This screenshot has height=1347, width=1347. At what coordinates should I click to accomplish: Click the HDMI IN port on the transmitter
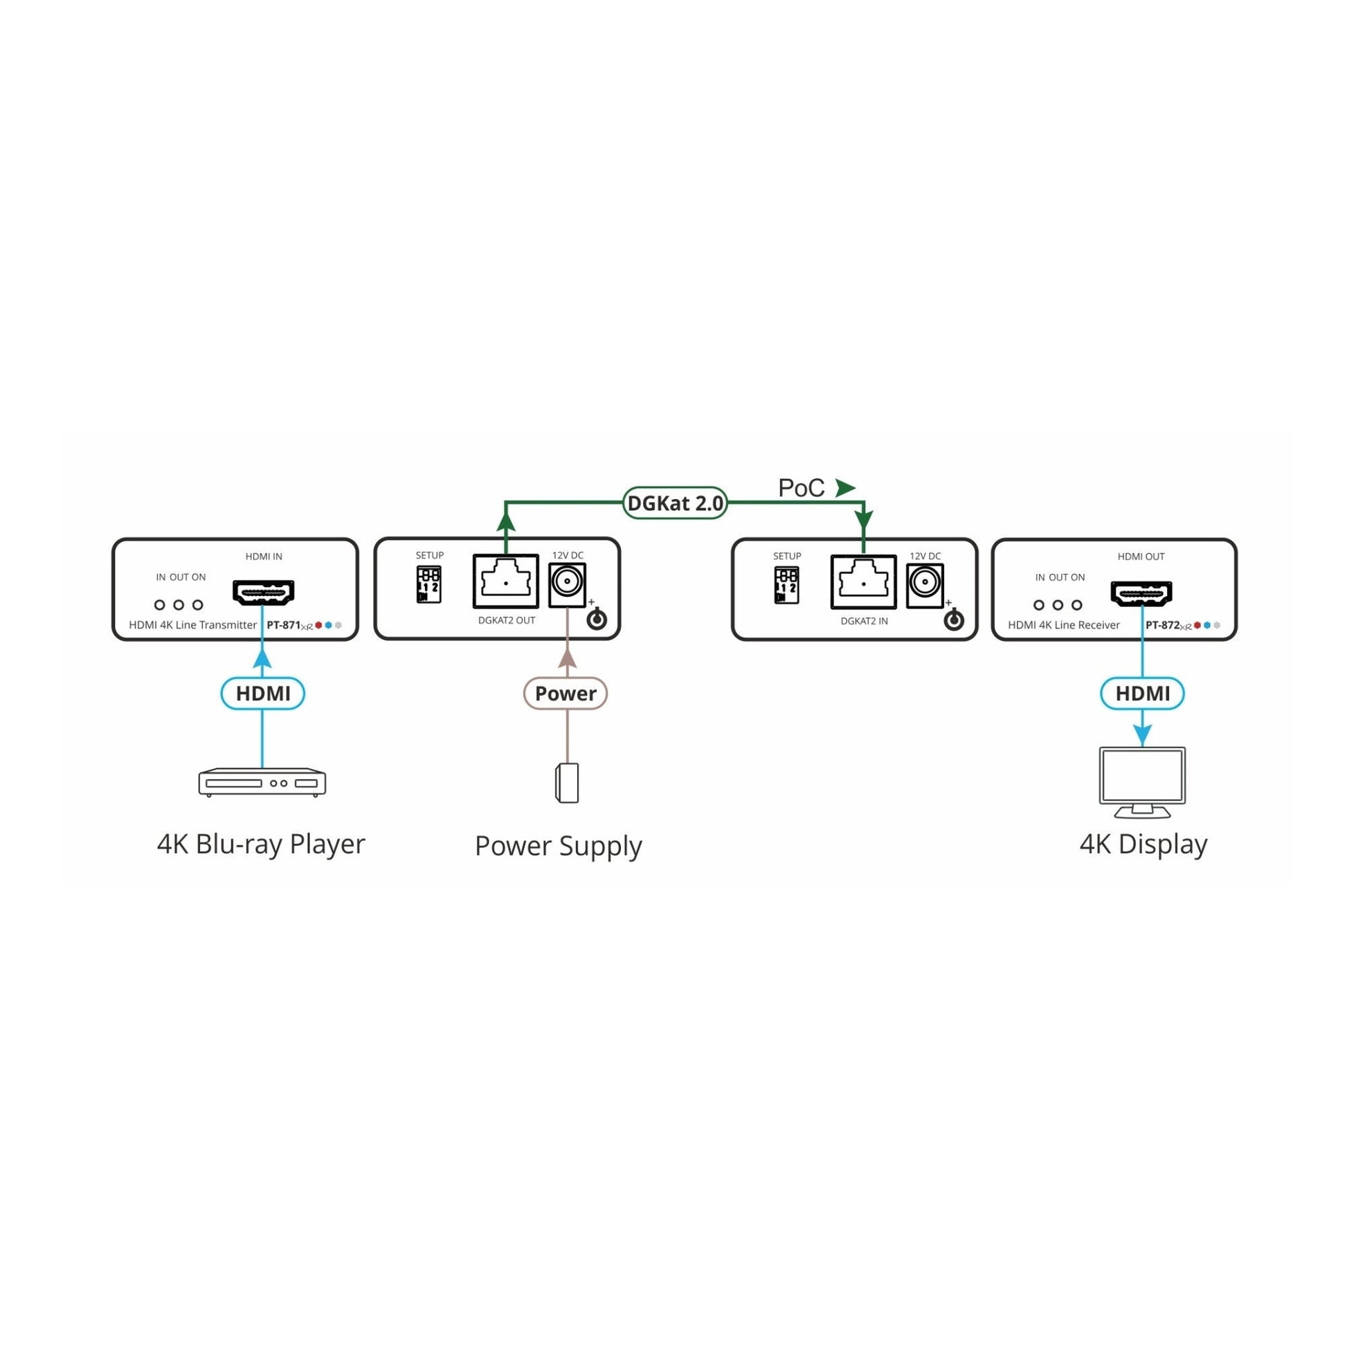263,593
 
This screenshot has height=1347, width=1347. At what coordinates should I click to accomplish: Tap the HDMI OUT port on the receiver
1141,593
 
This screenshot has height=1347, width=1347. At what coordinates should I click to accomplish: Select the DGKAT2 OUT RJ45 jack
505,581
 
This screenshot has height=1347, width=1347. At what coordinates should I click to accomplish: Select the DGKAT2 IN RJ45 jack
863,582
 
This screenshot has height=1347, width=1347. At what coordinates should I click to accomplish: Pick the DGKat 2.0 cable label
675,503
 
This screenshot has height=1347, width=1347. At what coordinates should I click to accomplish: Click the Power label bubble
566,693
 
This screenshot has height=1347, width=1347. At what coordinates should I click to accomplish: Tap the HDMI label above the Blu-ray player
263,693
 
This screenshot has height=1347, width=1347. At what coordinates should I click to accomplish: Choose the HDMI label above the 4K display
1142,693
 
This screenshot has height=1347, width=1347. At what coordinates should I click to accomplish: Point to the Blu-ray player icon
262,782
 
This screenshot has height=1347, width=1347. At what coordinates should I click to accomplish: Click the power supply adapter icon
567,783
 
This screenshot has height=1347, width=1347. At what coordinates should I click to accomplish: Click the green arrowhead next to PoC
845,488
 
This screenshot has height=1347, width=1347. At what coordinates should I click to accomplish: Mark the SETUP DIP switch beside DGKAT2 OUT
428,584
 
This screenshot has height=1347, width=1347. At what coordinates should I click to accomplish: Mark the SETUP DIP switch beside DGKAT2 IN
786,585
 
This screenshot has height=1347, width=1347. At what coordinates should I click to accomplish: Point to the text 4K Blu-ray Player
261,844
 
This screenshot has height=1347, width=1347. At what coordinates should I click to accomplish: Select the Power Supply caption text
558,847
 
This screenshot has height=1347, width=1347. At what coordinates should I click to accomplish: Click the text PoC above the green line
801,488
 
